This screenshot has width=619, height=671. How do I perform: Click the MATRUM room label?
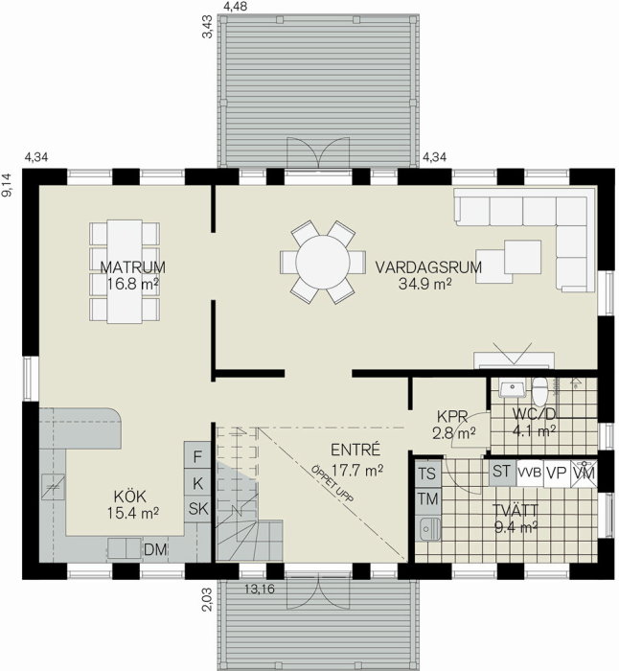pos(132,267)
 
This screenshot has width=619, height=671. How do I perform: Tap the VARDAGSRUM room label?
pos(428,267)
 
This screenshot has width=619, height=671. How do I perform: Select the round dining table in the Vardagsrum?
pos(323,262)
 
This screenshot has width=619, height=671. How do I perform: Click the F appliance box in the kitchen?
pos(197,456)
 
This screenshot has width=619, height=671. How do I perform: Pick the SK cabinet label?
pos(198,509)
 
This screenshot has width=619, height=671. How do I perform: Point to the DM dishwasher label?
pos(155,549)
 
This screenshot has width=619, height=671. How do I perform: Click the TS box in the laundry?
pos(427,474)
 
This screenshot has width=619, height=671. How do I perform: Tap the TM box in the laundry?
pos(427,499)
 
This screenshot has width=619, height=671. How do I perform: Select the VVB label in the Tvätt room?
pos(530,473)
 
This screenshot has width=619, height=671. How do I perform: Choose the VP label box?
pos(557,473)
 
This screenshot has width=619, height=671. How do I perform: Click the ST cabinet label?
pos(501,472)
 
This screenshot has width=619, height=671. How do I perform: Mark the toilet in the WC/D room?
pos(539,391)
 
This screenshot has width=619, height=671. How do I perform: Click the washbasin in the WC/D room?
pos(512,389)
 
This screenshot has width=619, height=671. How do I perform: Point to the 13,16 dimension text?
pos(260,590)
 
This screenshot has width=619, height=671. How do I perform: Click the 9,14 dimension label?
pos(7,184)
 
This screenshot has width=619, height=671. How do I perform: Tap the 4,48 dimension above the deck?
pos(236,7)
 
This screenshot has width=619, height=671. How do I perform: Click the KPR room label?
pos(452,416)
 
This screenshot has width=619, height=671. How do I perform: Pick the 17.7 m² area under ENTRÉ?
pos(357,471)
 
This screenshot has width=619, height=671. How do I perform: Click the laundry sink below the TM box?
pos(427,529)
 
